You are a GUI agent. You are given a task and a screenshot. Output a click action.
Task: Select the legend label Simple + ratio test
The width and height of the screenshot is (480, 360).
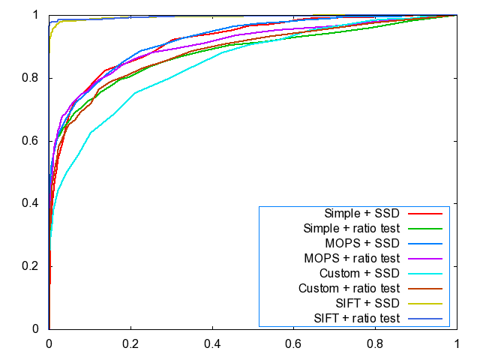(x=351, y=228)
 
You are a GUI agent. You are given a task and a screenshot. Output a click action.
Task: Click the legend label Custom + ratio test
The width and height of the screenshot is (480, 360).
(x=348, y=289)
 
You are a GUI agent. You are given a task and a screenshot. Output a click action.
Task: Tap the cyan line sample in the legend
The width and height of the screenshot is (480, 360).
(x=429, y=274)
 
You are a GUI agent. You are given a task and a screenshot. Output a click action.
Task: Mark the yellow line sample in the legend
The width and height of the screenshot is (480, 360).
(x=429, y=304)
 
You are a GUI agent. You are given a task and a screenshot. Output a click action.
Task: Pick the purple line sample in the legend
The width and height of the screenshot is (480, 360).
(x=429, y=258)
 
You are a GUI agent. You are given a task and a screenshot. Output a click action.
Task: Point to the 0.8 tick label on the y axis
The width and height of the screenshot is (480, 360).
(x=34, y=78)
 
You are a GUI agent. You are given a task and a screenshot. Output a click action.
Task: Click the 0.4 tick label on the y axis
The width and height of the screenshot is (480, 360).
(x=34, y=203)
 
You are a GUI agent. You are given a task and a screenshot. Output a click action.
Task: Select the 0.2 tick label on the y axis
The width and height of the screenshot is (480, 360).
(x=34, y=266)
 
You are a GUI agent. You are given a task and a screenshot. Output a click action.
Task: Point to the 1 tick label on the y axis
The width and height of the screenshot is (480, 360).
(x=38, y=15)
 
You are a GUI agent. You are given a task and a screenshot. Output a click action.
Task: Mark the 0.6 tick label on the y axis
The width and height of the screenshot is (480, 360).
(x=34, y=141)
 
